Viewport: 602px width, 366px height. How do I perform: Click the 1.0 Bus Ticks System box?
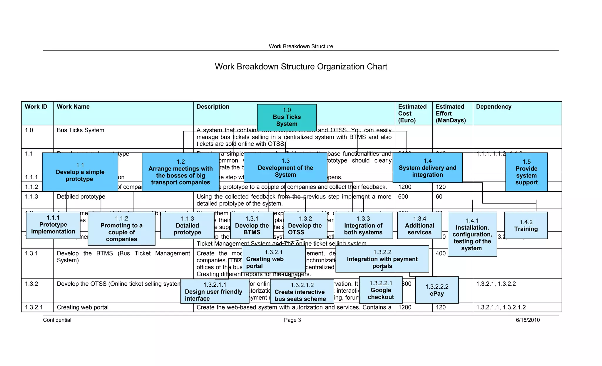pyautogui.click(x=287, y=117)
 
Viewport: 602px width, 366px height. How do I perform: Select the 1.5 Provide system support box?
pyautogui.click(x=526, y=172)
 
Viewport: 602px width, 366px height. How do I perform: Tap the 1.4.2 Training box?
pyautogui.click(x=526, y=226)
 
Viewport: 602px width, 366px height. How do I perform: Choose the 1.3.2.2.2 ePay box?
pyautogui.click(x=437, y=290)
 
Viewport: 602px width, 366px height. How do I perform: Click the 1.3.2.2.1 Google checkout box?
pyautogui.click(x=381, y=290)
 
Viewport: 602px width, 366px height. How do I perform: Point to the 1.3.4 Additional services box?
pyautogui.click(x=419, y=226)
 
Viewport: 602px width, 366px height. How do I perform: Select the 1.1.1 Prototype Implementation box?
pyautogui.click(x=53, y=225)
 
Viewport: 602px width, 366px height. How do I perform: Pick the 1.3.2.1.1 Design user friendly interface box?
pyautogui.click(x=215, y=292)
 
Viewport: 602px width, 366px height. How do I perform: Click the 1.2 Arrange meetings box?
pyautogui.click(x=180, y=172)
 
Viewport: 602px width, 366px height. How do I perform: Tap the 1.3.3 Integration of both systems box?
pyautogui.click(x=363, y=226)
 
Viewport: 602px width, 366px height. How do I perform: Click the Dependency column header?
pyautogui.click(x=494, y=107)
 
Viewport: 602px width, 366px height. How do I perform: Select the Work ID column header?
pyautogui.click(x=36, y=107)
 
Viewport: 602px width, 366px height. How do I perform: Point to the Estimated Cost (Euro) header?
pyautogui.click(x=412, y=113)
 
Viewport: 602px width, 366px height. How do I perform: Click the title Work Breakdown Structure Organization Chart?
pyautogui.click(x=301, y=67)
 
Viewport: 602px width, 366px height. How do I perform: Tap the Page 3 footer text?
pyautogui.click(x=292, y=320)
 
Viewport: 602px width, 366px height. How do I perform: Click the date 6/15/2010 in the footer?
pyautogui.click(x=528, y=320)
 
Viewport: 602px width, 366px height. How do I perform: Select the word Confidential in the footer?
pyautogui.click(x=57, y=320)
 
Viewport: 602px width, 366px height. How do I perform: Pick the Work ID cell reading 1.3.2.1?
pyautogui.click(x=34, y=307)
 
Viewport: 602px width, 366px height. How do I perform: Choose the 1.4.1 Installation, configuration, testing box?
pyautogui.click(x=472, y=234)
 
